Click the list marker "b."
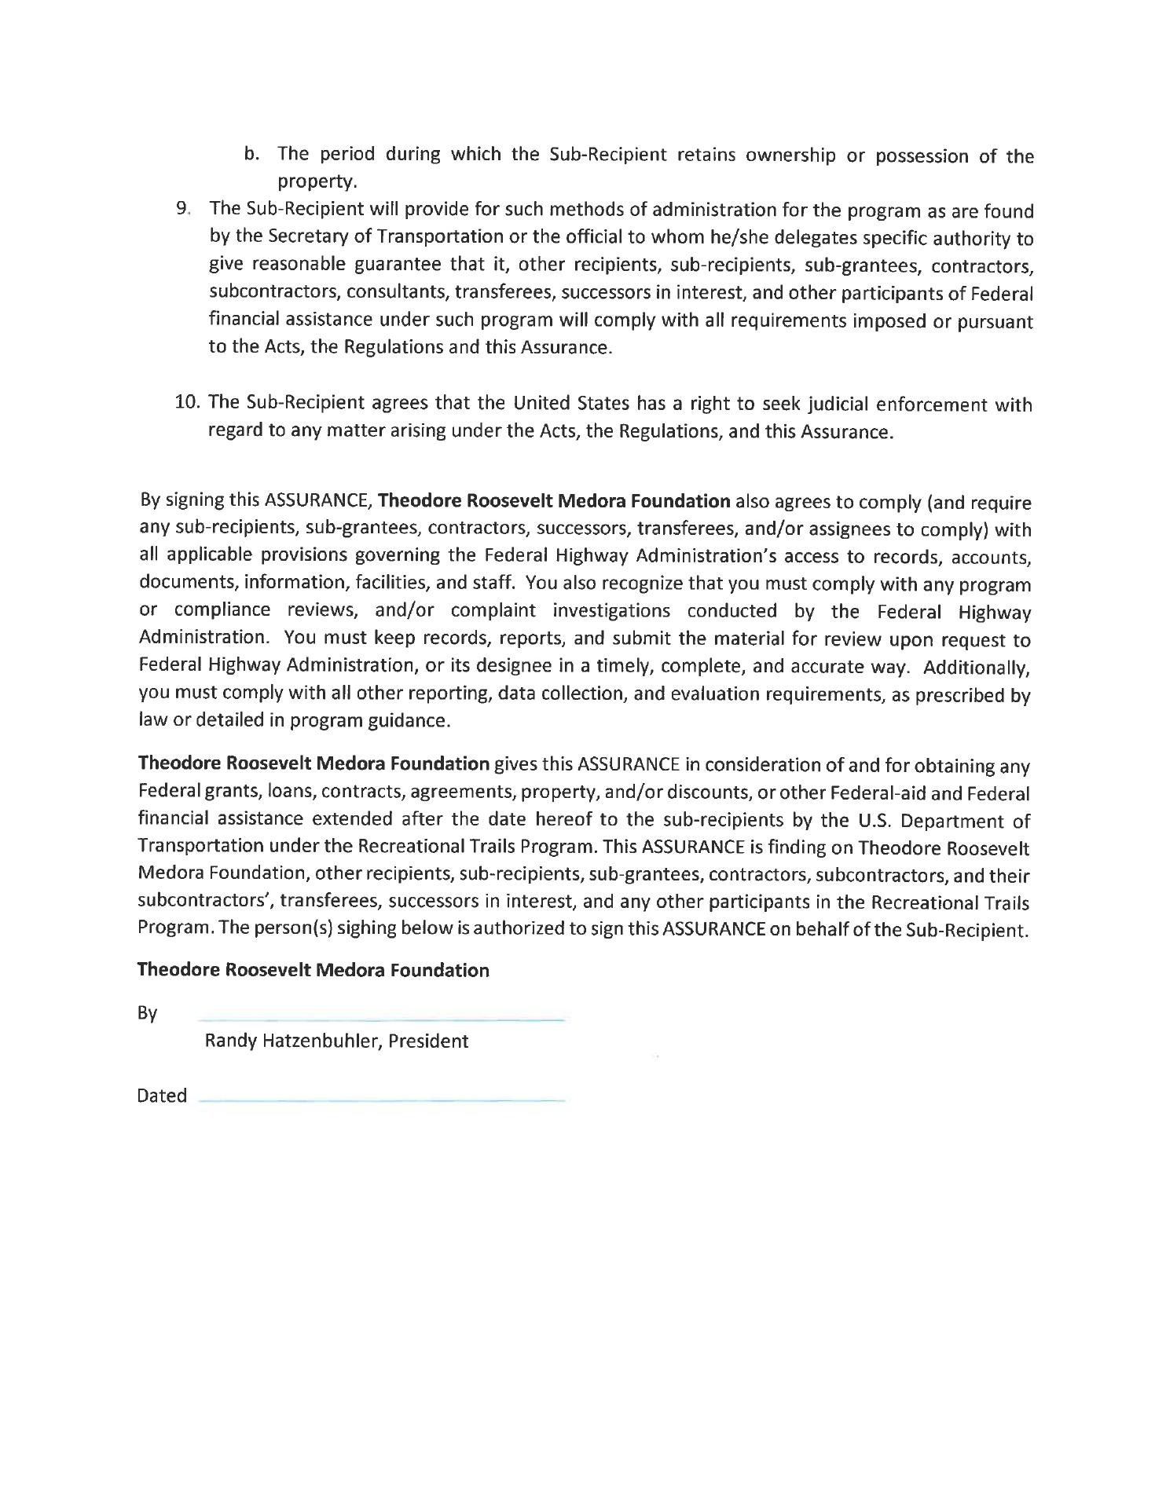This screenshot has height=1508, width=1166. [x=251, y=154]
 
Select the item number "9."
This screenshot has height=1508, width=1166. [x=183, y=209]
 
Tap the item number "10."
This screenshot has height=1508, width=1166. [x=188, y=403]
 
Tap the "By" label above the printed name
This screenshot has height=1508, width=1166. [x=147, y=1013]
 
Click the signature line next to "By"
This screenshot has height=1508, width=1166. [x=382, y=1019]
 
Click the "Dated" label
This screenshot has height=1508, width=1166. [x=161, y=1096]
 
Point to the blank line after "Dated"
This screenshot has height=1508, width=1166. [x=382, y=1102]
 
